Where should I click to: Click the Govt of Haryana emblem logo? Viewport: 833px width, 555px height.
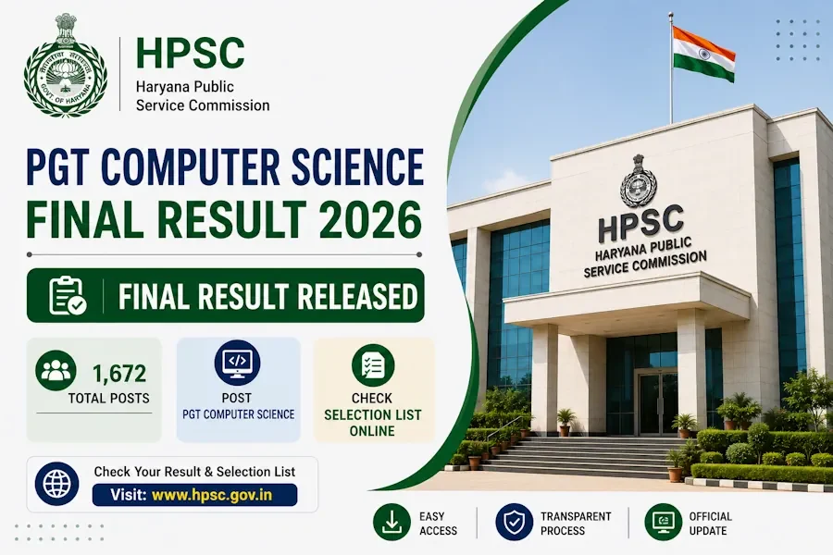66,65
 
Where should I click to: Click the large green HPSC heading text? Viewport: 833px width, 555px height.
190,53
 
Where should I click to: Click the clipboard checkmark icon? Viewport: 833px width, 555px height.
68,295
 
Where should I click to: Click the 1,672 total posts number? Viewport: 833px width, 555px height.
119,374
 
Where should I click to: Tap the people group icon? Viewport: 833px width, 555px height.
56,370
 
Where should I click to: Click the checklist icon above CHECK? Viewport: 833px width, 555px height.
373,364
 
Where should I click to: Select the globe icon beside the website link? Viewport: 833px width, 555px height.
56,484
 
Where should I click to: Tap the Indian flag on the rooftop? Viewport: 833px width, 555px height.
703,54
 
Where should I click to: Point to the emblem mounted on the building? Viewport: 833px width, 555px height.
638,181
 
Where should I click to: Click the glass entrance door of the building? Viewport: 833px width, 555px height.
657,402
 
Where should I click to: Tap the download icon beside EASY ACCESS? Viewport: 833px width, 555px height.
392,522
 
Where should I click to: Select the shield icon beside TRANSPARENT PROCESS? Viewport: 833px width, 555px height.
514,522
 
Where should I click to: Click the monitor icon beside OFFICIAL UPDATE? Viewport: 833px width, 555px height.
663,522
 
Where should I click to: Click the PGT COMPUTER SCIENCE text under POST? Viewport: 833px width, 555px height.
239,414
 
